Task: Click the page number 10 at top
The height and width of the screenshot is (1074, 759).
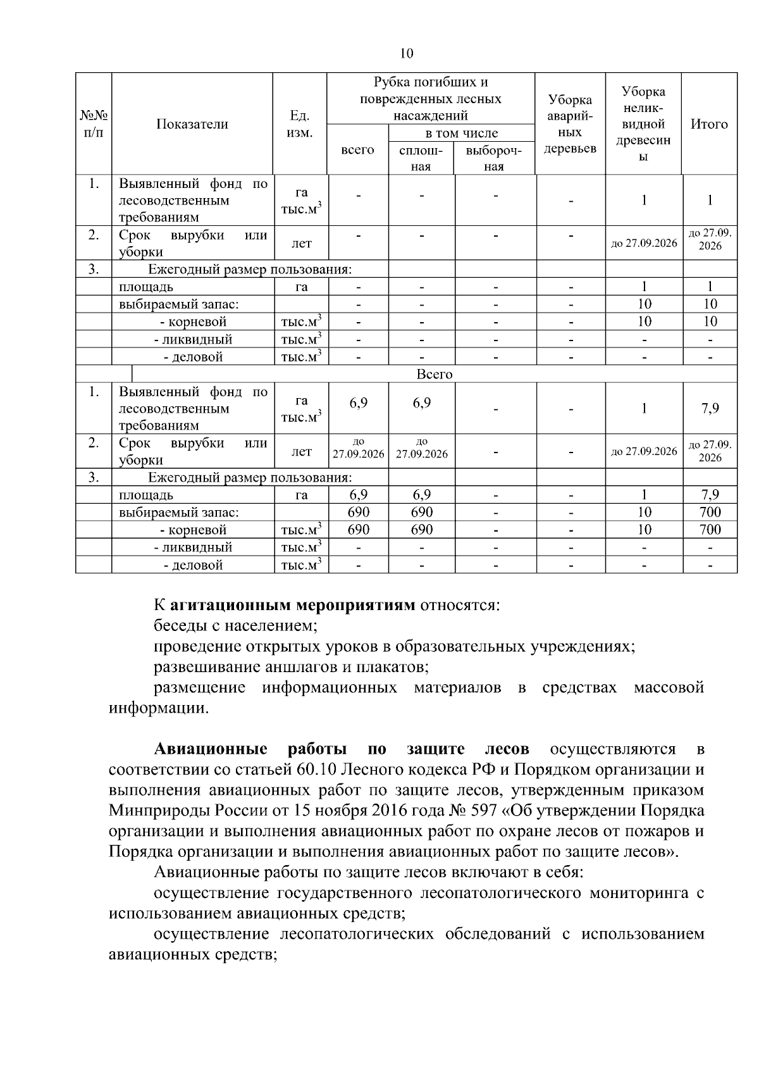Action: point(407,53)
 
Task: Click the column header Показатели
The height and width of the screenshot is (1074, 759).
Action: point(192,124)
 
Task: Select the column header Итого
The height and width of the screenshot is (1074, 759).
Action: point(709,124)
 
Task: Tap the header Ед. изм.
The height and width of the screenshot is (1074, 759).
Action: point(299,124)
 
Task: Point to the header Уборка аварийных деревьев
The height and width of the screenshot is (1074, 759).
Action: point(570,124)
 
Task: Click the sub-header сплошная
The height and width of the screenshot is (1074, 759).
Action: point(421,158)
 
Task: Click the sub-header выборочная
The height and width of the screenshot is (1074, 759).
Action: point(494,158)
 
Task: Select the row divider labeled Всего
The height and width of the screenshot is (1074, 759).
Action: point(435,374)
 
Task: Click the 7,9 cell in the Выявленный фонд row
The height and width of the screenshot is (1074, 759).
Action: point(710,408)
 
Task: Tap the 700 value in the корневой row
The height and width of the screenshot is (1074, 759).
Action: point(710,529)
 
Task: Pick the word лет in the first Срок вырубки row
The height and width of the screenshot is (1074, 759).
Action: point(301,244)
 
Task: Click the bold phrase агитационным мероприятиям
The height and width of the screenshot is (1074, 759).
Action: point(293,605)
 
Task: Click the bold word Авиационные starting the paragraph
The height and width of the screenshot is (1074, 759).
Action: point(211,749)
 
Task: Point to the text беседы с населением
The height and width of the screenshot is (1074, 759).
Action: point(235,626)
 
